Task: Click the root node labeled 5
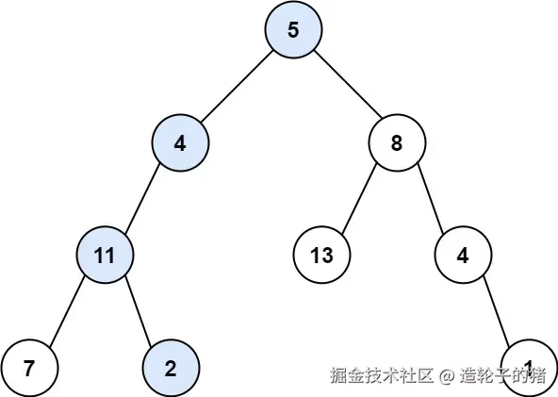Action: (293, 29)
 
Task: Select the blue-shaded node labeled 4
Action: (180, 143)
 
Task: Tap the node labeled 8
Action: (397, 143)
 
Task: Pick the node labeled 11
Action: (105, 255)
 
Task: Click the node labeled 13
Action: (321, 255)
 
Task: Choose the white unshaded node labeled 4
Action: (463, 255)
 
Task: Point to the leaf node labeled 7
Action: (29, 368)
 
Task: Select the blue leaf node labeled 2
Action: (171, 368)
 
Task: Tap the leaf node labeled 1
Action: (529, 368)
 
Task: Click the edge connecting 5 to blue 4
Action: (237, 87)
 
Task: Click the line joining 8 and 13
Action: (359, 199)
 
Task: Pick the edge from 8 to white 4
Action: (430, 199)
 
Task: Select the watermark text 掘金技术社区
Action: (382, 375)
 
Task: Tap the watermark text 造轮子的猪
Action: (503, 375)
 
